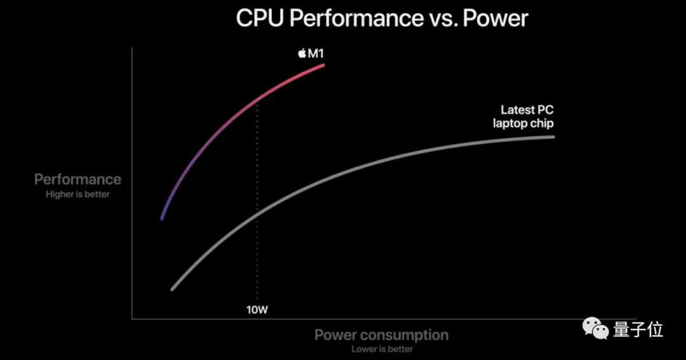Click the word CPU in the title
click(x=259, y=18)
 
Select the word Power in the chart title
click(x=495, y=18)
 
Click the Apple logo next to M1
click(x=302, y=53)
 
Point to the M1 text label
click(x=316, y=53)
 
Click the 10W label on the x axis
click(x=257, y=310)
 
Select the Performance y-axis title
click(x=77, y=180)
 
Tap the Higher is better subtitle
click(x=77, y=194)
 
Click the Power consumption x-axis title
click(x=381, y=335)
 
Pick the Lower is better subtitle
click(x=382, y=349)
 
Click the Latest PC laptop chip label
click(x=523, y=117)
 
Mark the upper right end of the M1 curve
click(x=323, y=65)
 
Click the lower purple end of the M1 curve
click(x=162, y=218)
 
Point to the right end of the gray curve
click(x=553, y=137)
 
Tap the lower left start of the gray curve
click(x=172, y=290)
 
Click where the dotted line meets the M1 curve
click(x=257, y=102)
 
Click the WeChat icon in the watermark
click(x=596, y=328)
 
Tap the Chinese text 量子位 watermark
click(x=638, y=330)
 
